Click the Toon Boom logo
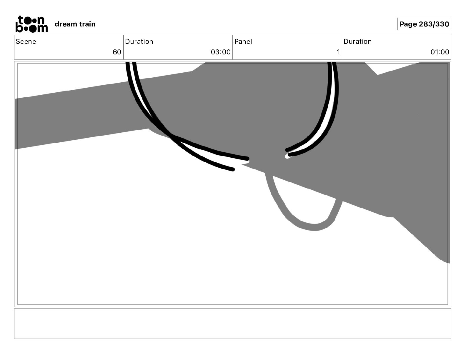(x=32, y=24)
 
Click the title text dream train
(x=75, y=24)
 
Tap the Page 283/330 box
(x=424, y=24)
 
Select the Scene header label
(x=26, y=41)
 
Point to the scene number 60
(x=117, y=52)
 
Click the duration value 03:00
(x=221, y=52)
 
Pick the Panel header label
(x=243, y=41)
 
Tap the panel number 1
(x=338, y=52)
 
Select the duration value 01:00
(x=440, y=52)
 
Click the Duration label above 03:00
(x=139, y=41)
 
